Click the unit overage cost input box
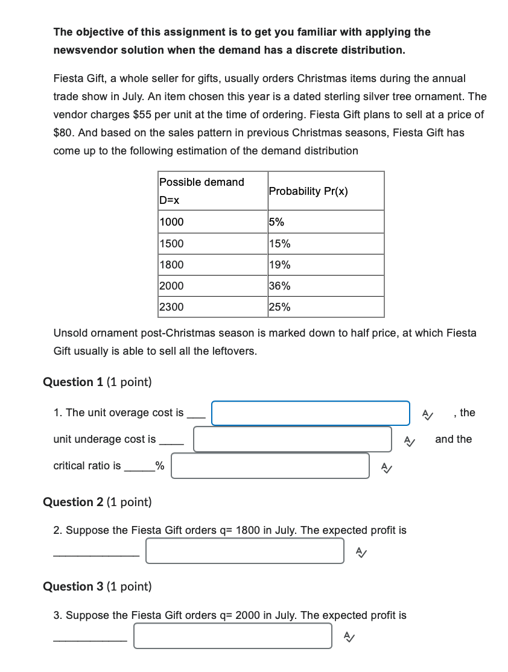[x=310, y=413]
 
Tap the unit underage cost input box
[x=292, y=439]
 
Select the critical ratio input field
[x=270, y=466]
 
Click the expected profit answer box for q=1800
[x=244, y=551]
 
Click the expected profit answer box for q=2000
[x=232, y=636]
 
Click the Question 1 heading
[x=97, y=382]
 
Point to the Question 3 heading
[x=97, y=586]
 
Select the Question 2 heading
[x=97, y=502]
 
